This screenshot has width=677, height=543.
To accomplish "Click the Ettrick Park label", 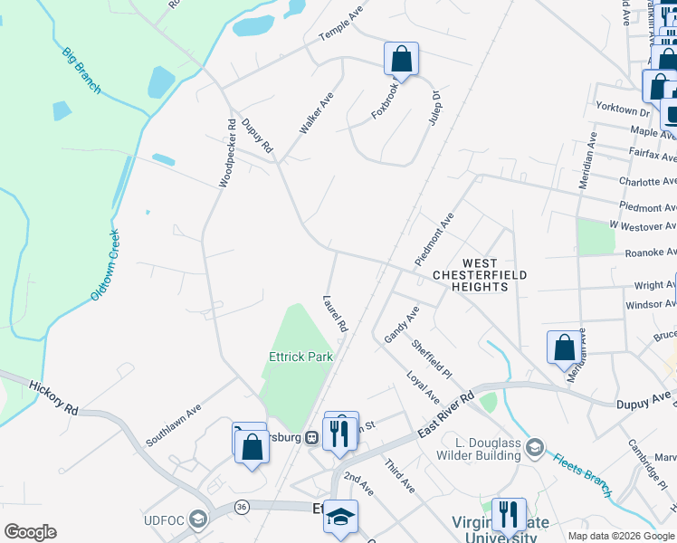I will coord(301,357).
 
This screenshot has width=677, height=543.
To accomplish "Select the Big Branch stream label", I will coord(81,70).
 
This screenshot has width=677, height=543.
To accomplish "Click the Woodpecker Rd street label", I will coord(227,151).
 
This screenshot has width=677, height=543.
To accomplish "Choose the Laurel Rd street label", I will coord(335,312).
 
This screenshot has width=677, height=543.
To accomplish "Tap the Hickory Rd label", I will coord(53,397).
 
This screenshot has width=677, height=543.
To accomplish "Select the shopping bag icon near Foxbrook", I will coord(400,60).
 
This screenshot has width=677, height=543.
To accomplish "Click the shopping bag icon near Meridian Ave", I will coord(564,348).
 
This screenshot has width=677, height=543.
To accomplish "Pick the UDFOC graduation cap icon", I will coord(197,520).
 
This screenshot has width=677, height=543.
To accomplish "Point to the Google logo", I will coord(31,532).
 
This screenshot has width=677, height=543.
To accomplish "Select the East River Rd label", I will coord(446,416).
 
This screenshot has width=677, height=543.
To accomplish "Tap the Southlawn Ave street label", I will coord(173,425).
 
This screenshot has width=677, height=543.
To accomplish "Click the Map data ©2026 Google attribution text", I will coord(621,536).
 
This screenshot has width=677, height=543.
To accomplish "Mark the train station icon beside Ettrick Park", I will coord(311,438).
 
